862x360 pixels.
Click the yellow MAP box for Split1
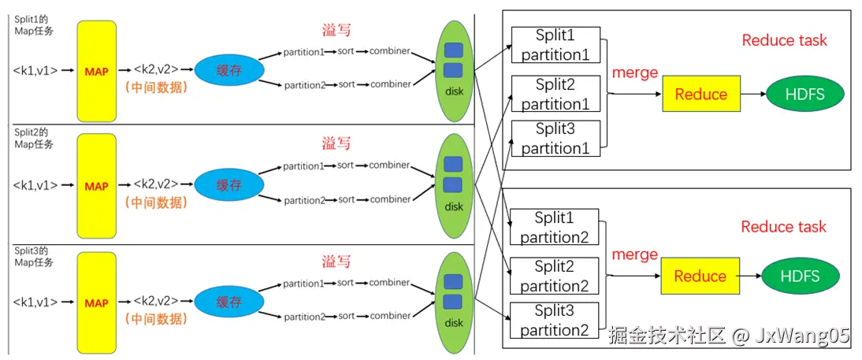pyautogui.click(x=97, y=71)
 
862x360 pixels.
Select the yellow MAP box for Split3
pyautogui.click(x=97, y=302)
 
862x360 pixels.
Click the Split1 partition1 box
pyautogui.click(x=555, y=45)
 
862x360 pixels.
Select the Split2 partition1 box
pyautogui.click(x=555, y=95)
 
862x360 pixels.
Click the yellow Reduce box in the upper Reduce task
pyautogui.click(x=701, y=94)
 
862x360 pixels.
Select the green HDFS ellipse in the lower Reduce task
pyautogui.click(x=801, y=276)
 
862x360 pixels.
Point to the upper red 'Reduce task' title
pyautogui.click(x=785, y=40)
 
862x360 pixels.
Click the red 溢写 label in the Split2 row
pyautogui.click(x=336, y=144)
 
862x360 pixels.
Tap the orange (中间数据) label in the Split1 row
pyautogui.click(x=157, y=87)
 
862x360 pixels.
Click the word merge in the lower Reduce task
pyautogui.click(x=634, y=254)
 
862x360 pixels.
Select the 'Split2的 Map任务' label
pyautogui.click(x=34, y=139)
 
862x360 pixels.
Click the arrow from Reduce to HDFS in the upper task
pyautogui.click(x=752, y=94)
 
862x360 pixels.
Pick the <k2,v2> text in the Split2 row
pyautogui.click(x=155, y=184)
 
